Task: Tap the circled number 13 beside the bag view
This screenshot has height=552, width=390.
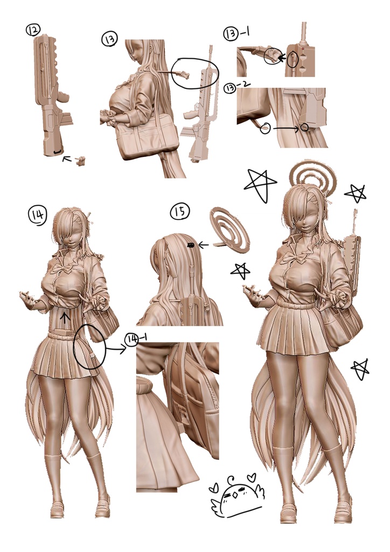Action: tap(110, 38)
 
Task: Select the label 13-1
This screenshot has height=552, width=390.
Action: tap(236, 33)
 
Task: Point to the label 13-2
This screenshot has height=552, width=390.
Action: tap(237, 87)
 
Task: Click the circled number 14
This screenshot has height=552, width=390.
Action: tap(37, 215)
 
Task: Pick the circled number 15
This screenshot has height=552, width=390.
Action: tap(180, 211)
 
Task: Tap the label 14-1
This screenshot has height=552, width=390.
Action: tap(136, 339)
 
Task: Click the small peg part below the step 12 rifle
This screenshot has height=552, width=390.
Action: tap(81, 161)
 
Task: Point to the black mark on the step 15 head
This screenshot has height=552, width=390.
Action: tap(191, 245)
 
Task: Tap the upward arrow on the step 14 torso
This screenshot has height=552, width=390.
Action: tap(64, 318)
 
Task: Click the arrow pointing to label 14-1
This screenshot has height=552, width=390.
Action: tap(116, 349)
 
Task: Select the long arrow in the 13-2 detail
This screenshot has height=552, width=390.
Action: tap(285, 129)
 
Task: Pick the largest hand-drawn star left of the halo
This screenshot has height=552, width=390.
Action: tap(261, 184)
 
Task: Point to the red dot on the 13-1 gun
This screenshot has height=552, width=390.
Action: tap(301, 46)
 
